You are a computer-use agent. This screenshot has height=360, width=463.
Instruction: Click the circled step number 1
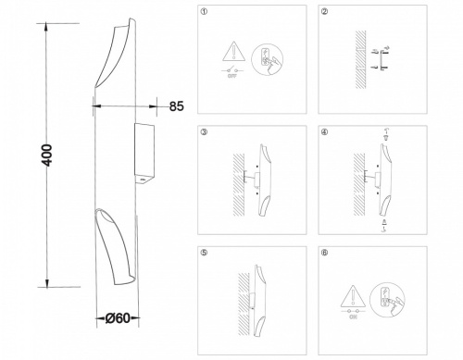pyautogui.click(x=204, y=11)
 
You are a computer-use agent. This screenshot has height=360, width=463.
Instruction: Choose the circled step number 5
pyautogui.click(x=204, y=252)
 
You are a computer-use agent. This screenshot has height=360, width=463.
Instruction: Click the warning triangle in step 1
pyautogui.click(x=233, y=53)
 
